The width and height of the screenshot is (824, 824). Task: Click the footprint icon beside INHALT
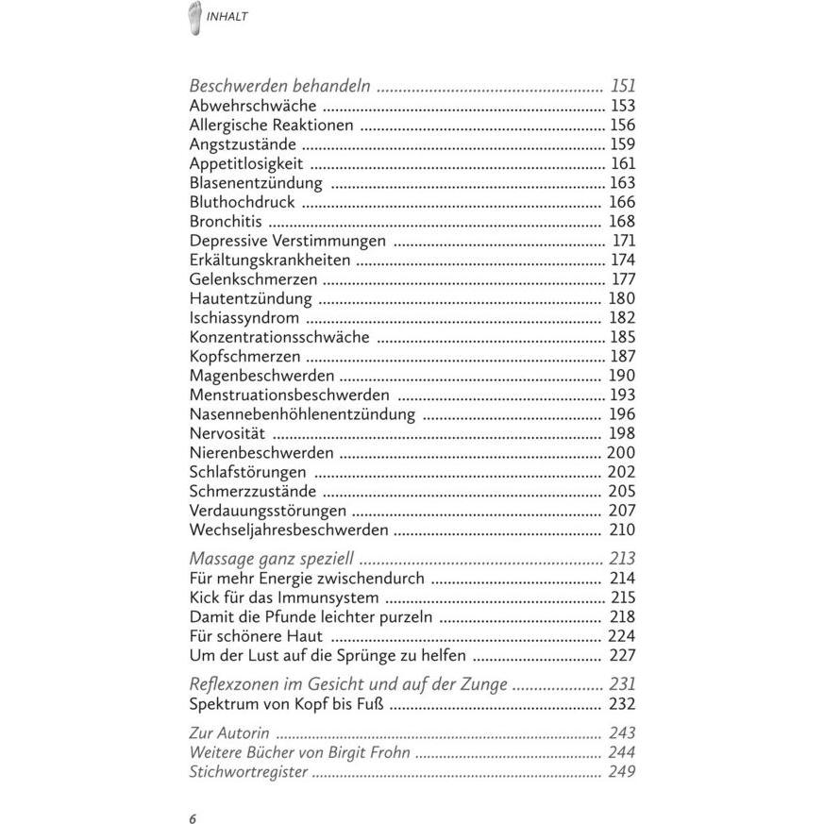(x=195, y=16)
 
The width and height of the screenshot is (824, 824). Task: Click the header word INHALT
(x=227, y=17)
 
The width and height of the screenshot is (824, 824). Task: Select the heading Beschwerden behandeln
(x=279, y=86)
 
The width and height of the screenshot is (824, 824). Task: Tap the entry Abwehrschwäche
(x=253, y=106)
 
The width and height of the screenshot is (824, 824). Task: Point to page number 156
(x=622, y=126)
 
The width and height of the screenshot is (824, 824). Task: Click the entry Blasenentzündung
(x=256, y=183)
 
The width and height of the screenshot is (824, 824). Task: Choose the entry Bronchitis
(x=226, y=222)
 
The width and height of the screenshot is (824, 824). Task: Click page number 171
(x=624, y=241)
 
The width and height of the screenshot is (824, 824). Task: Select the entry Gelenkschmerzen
(x=253, y=279)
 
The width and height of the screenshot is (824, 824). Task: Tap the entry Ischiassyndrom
(x=244, y=318)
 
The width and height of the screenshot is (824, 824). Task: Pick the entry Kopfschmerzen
(x=245, y=357)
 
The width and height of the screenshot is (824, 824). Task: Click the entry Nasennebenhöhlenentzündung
(x=302, y=414)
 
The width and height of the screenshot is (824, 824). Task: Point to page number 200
(x=621, y=453)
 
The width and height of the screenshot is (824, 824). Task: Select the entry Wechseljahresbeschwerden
(x=289, y=530)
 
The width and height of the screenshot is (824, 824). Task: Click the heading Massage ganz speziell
(x=272, y=559)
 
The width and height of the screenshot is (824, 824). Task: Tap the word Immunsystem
(x=334, y=597)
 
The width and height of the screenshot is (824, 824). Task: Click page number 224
(x=621, y=636)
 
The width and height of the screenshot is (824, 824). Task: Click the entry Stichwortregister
(x=248, y=771)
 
